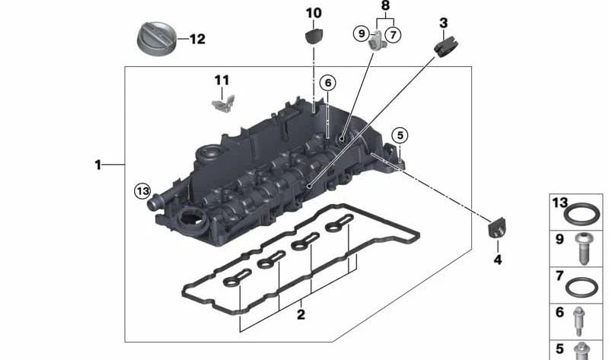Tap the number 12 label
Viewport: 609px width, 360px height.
coord(197,39)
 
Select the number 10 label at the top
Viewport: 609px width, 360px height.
coord(314,13)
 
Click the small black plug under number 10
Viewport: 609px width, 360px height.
coord(314,36)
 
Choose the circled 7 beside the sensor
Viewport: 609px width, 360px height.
coord(393,33)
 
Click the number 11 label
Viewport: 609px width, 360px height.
coord(221,80)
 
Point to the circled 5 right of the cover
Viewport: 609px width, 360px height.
coord(399,135)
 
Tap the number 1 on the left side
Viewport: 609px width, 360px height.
coord(97,164)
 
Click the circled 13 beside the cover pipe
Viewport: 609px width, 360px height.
coord(142,190)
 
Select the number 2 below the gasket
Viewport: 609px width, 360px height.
coord(301,314)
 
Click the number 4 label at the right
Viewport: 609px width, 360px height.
coord(498,260)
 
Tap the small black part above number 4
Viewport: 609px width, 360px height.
coord(496,227)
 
